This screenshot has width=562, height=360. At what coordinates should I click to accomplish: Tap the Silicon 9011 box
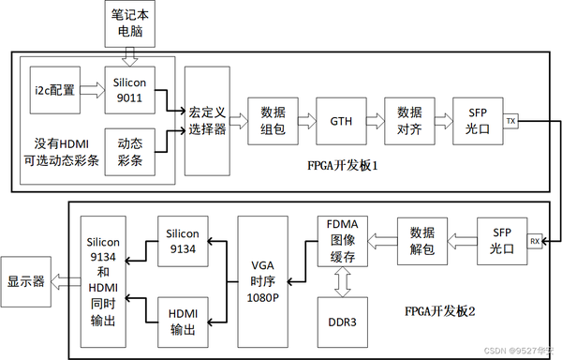[128, 90]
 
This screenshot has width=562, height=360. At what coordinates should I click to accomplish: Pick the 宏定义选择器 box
[207, 121]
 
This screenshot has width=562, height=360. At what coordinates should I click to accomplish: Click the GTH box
[340, 121]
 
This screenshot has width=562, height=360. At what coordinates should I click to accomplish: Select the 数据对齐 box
[409, 121]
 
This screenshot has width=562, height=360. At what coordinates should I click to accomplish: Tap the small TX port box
[510, 121]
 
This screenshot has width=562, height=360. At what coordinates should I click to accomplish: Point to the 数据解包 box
[421, 243]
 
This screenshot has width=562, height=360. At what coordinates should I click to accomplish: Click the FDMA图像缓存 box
[341, 242]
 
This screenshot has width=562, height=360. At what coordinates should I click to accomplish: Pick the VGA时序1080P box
[262, 280]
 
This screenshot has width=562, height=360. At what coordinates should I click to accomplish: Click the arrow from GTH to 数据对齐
[375, 121]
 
